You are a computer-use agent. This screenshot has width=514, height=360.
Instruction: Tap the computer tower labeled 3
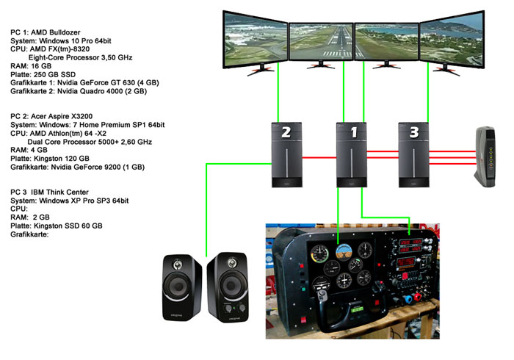click(x=414, y=154)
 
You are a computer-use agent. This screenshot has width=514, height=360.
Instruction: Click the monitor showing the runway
click(x=321, y=43)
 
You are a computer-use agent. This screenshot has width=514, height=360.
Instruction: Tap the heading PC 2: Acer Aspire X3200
click(x=57, y=116)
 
